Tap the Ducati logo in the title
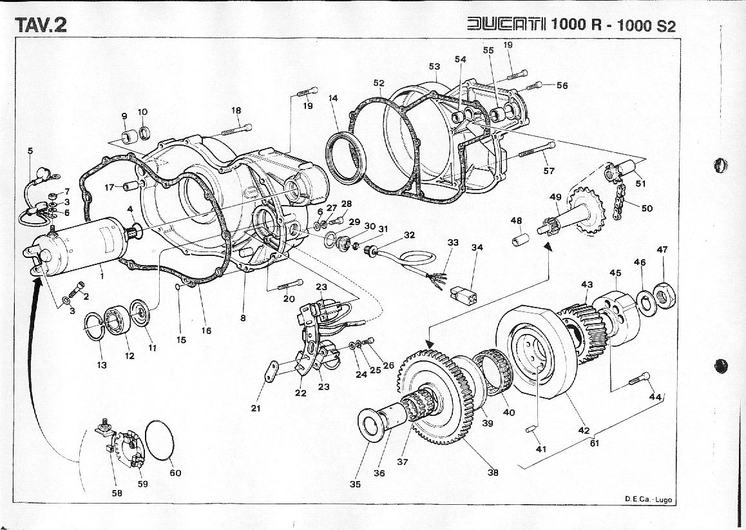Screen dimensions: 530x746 [506, 25]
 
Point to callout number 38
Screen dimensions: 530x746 [493, 472]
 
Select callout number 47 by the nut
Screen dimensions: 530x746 [662, 250]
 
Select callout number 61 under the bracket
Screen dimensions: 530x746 [595, 443]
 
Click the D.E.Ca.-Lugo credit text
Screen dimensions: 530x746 [647, 499]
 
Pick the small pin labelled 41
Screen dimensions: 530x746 [532, 429]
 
